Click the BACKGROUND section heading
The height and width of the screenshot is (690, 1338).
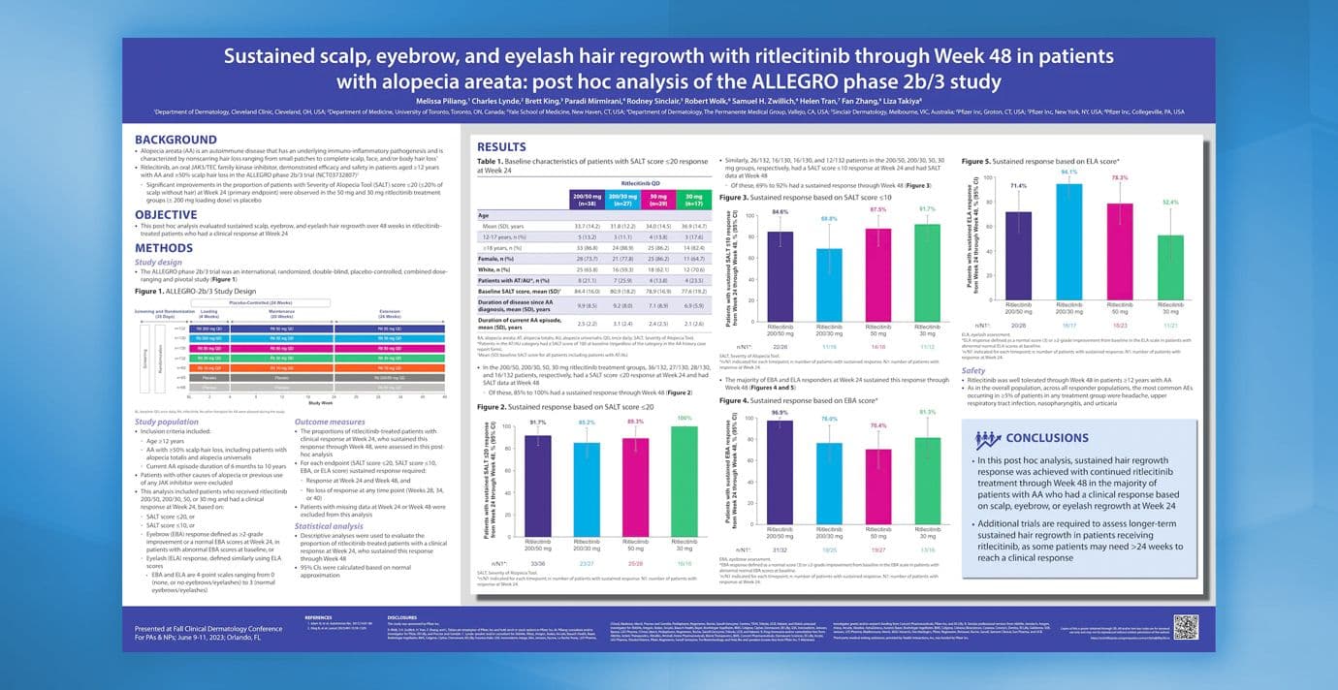click(x=175, y=140)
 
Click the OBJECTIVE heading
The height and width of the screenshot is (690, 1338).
click(x=166, y=214)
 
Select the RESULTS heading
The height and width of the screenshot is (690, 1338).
click(x=501, y=147)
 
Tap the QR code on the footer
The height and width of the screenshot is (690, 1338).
click(x=1185, y=626)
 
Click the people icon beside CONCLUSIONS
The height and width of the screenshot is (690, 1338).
click(x=988, y=439)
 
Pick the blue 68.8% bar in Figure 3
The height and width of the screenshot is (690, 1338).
click(x=830, y=290)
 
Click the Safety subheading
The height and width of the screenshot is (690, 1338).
click(x=973, y=370)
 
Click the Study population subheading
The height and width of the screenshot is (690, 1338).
click(x=167, y=423)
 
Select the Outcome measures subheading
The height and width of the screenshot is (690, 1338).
click(x=330, y=423)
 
